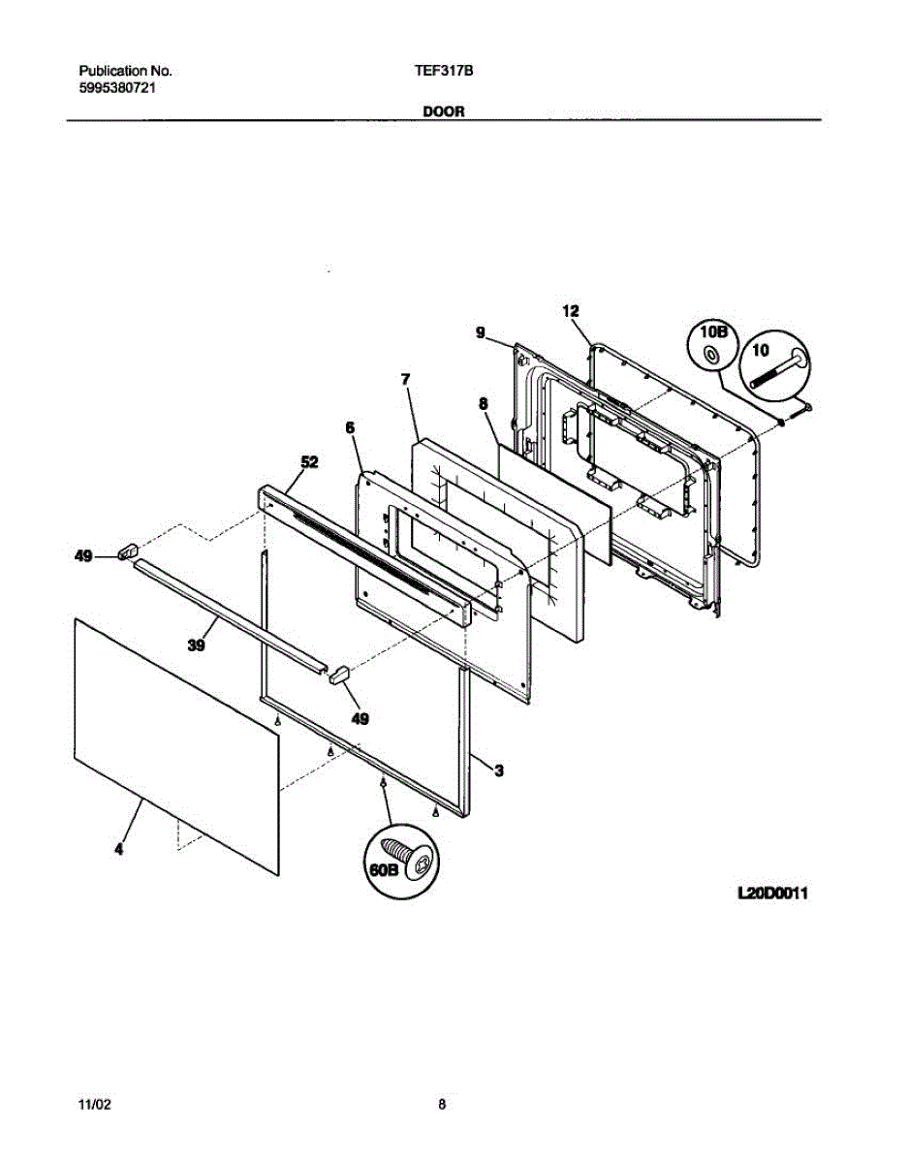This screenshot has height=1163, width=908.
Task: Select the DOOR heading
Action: click(444, 111)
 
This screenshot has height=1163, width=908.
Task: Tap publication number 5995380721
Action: click(118, 87)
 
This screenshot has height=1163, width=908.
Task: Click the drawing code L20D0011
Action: click(772, 893)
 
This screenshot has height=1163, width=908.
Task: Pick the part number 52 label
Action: click(308, 462)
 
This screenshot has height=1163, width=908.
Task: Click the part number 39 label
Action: click(197, 645)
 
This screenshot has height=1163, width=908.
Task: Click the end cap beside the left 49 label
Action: click(124, 552)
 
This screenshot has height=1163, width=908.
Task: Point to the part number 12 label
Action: click(570, 311)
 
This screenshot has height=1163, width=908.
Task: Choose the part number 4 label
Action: click(119, 850)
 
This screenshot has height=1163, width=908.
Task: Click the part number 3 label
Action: click(499, 770)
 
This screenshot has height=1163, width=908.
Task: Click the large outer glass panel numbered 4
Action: click(174, 737)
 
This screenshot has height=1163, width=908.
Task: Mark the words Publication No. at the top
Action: click(125, 72)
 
